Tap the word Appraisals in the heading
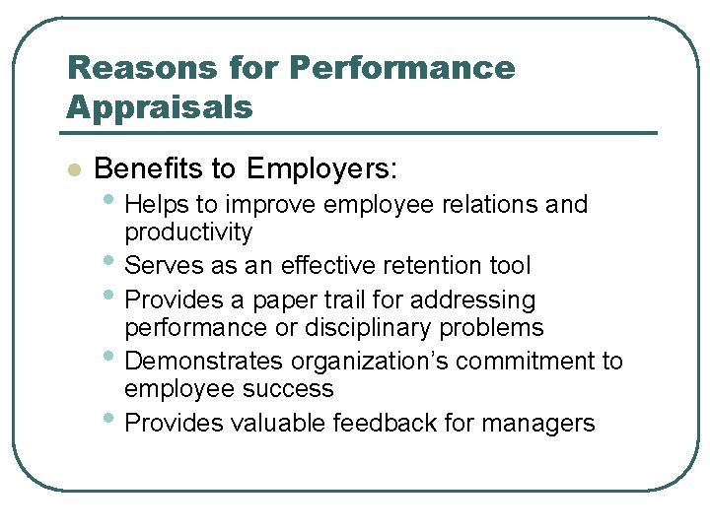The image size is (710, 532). (x=159, y=106)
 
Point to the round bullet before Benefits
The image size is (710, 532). (x=72, y=169)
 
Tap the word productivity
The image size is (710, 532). (x=188, y=233)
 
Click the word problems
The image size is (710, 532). (x=495, y=327)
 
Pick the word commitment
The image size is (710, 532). (x=528, y=362)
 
